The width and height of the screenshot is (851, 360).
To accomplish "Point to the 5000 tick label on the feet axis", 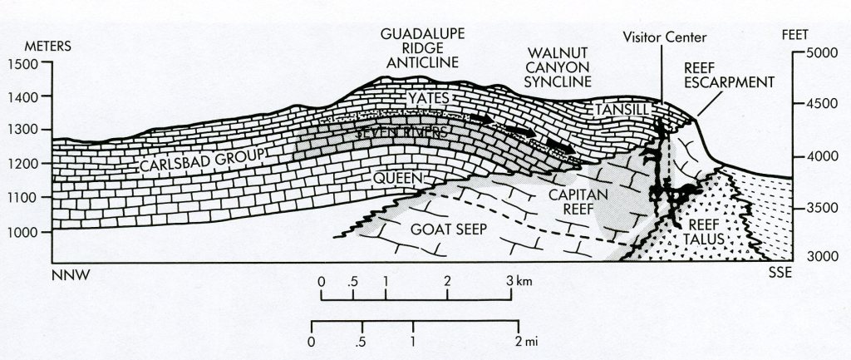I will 827,52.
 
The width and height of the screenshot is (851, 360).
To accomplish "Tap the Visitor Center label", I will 662,38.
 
